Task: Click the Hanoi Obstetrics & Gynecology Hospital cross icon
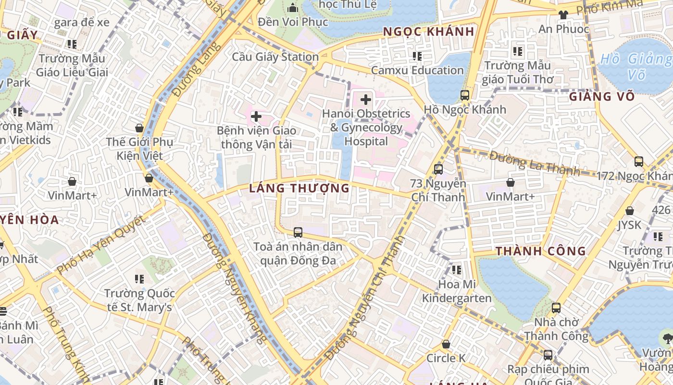click(366, 100)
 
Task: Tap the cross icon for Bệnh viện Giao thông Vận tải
click(256, 116)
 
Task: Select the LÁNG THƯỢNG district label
click(299, 188)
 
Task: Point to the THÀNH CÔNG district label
click(541, 251)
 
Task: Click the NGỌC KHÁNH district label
click(429, 32)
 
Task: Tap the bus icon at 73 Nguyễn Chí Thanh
click(438, 169)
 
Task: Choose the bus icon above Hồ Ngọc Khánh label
click(464, 95)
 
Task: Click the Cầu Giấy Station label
click(275, 57)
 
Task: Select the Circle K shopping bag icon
click(446, 344)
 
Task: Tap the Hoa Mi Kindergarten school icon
click(456, 269)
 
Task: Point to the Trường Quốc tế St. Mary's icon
click(139, 279)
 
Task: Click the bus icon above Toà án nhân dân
click(298, 232)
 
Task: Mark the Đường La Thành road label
click(535, 163)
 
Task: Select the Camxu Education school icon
click(417, 56)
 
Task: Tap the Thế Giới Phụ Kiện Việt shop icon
click(139, 128)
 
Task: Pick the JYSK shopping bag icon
click(629, 211)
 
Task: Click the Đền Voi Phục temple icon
click(293, 8)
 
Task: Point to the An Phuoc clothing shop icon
click(563, 14)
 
